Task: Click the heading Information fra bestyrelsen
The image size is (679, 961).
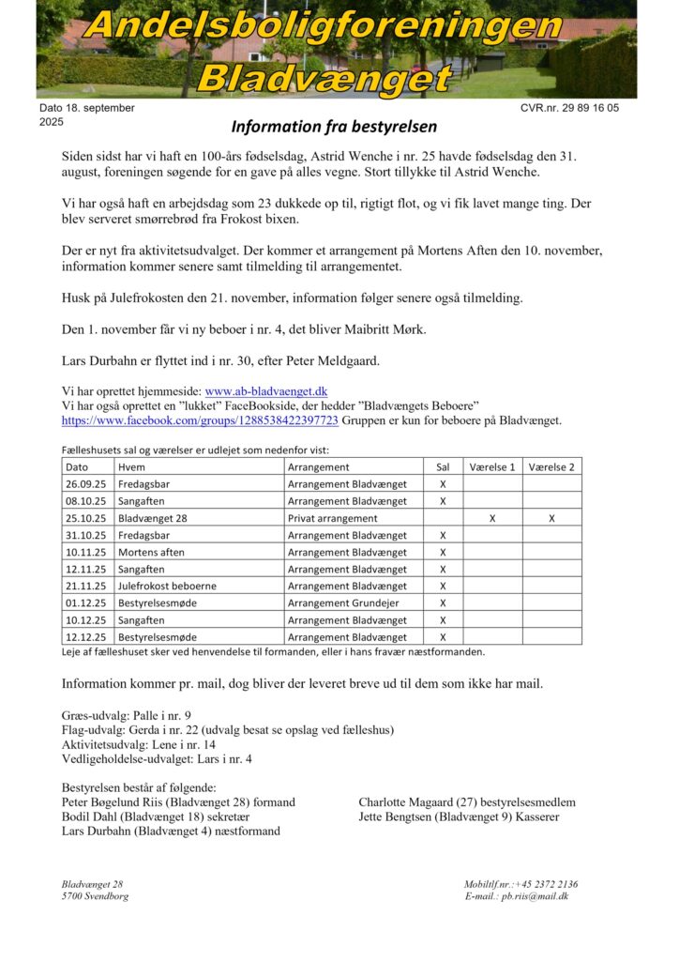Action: pos(334,126)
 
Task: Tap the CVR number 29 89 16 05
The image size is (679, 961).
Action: pos(591,108)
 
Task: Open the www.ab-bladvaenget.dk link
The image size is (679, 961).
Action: pos(266,390)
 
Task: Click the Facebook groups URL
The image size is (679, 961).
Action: pos(200,420)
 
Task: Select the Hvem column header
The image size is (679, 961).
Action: pos(131,466)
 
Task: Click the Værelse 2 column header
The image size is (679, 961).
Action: pos(551,466)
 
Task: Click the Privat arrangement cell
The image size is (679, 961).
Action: pos(332,518)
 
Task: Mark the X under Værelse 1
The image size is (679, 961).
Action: pos(492,518)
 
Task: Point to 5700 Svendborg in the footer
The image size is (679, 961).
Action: pos(96,896)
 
